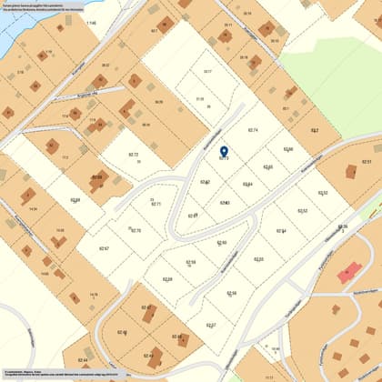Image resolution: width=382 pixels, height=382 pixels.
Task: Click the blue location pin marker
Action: [x=224, y=150]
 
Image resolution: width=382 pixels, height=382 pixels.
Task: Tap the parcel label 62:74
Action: [x=254, y=131]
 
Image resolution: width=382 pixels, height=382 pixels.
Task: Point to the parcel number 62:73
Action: [x=224, y=158]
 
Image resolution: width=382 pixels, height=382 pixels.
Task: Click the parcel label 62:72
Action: [x=133, y=155]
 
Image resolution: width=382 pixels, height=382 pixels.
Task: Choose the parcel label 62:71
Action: [x=156, y=204]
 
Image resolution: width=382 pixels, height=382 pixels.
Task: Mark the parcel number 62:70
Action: [x=136, y=230]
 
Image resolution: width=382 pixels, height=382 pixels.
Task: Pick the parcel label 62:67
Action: [x=104, y=248]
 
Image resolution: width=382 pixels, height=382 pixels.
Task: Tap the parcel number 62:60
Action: [x=221, y=243]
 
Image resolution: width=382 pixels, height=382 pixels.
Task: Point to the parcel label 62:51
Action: [x=367, y=161]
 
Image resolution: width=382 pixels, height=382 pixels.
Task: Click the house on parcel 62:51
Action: [x=352, y=173]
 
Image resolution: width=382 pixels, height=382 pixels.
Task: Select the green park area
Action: [x=337, y=82]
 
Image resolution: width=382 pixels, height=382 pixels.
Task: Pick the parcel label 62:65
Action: [x=267, y=166]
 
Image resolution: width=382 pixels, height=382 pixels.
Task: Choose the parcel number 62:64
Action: [x=247, y=184]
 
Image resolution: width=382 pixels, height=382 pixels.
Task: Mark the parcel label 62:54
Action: [x=282, y=230]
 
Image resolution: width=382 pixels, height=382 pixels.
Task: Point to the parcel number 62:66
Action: [x=287, y=148]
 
